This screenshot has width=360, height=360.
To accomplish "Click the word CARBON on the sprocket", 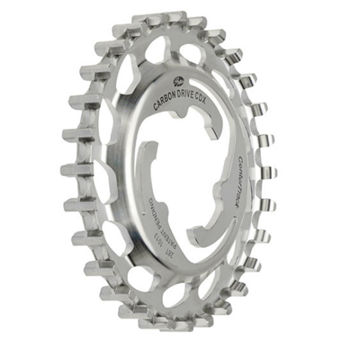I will (166, 100).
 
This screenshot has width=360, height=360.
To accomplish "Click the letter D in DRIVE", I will (182, 96).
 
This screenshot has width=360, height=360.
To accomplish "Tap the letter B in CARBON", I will (167, 98).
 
